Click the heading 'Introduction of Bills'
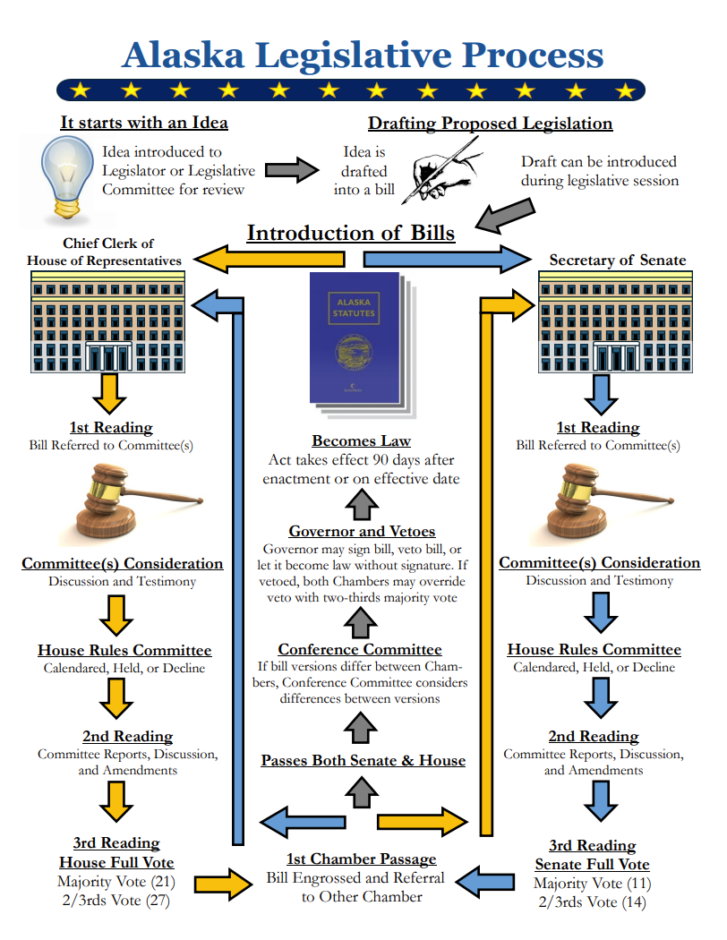[351, 234]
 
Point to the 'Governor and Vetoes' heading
[362, 531]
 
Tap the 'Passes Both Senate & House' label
[363, 760]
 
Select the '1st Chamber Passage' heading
[363, 859]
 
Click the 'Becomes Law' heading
[362, 440]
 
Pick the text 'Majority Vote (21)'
[117, 882]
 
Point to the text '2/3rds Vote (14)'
[593, 902]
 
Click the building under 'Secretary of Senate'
[614, 322]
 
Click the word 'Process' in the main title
[534, 55]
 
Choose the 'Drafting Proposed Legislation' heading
[490, 124]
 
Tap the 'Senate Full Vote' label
[592, 864]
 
